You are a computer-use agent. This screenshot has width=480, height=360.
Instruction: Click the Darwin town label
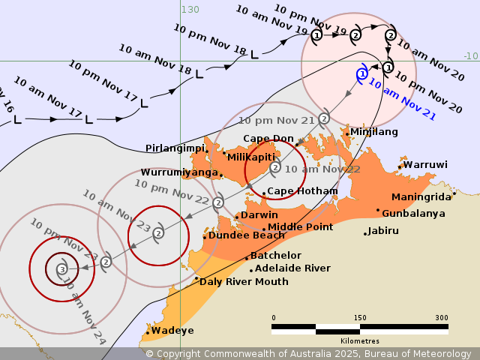[x=259, y=215]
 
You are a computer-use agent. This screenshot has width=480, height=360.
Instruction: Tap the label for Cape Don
[x=268, y=139]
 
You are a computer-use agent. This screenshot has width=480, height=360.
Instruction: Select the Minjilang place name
[x=373, y=132]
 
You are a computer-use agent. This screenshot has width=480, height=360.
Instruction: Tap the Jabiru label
[x=383, y=231]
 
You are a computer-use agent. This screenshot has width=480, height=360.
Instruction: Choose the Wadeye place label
[x=172, y=331]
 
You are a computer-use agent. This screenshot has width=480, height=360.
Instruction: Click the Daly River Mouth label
[x=243, y=282]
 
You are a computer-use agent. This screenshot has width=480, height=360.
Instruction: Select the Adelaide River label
[x=292, y=268]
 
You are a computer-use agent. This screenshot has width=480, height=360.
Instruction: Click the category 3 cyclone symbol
[x=61, y=268]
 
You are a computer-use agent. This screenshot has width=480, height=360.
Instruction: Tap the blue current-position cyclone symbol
[x=362, y=74]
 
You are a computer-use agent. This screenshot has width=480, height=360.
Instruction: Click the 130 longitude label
[x=190, y=10]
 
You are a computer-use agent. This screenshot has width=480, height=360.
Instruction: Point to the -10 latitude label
[x=470, y=56]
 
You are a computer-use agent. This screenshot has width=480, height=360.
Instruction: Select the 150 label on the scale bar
[x=360, y=318]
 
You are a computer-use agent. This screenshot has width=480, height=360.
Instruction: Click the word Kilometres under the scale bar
[x=359, y=341]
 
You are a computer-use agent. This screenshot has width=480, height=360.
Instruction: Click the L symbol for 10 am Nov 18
[x=199, y=74]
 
